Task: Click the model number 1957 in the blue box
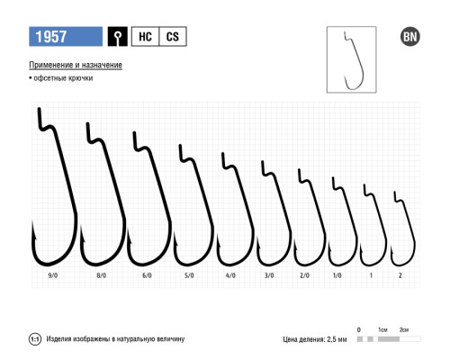click(x=51, y=37)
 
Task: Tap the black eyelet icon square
click(x=118, y=37)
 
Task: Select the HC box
click(x=145, y=37)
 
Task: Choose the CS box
click(x=173, y=37)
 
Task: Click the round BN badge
click(x=410, y=37)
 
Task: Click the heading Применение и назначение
click(x=76, y=65)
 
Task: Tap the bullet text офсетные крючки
click(x=61, y=78)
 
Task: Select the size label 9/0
click(x=53, y=275)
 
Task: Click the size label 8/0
click(x=102, y=275)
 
